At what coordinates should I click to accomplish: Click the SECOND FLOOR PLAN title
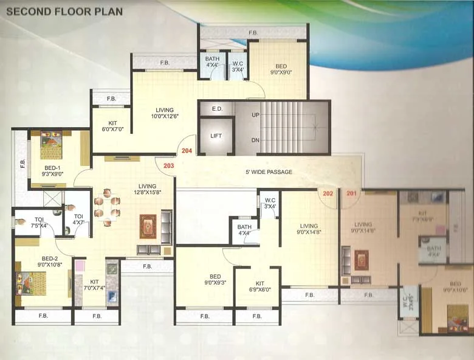pyautogui.click(x=64, y=12)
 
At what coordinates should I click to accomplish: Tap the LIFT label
pyautogui.click(x=216, y=136)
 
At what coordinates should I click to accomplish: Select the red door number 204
pyautogui.click(x=187, y=150)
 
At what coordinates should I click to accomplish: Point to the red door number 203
pyautogui.click(x=168, y=165)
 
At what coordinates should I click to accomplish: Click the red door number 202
pyautogui.click(x=328, y=193)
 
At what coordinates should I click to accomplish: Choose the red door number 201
pyautogui.click(x=351, y=193)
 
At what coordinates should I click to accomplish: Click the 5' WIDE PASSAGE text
pyautogui.click(x=269, y=172)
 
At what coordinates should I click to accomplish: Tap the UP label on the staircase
pyautogui.click(x=256, y=114)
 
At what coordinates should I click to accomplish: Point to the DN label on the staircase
pyautogui.click(x=256, y=140)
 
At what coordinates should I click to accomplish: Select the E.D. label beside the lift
pyautogui.click(x=216, y=109)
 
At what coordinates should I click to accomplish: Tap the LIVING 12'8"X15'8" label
pyautogui.click(x=147, y=190)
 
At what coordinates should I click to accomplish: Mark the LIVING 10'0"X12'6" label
pyautogui.click(x=164, y=113)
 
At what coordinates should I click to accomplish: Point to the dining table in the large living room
pyautogui.click(x=107, y=207)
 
